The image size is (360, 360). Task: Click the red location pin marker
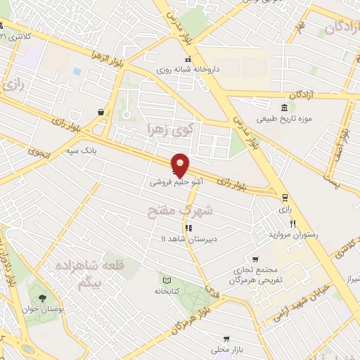[180, 165]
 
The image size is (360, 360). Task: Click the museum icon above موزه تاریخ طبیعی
[284, 108]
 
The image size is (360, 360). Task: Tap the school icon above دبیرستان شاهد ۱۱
[188, 228]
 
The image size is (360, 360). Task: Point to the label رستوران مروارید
[292, 234]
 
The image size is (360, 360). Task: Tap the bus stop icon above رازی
[284, 198]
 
